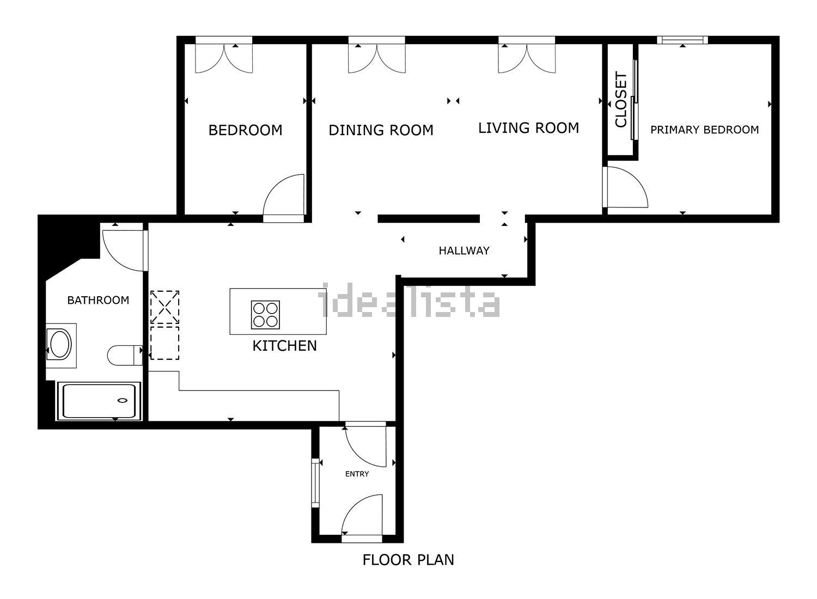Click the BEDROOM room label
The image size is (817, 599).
(x=245, y=130)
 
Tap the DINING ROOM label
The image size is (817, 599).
(x=381, y=130)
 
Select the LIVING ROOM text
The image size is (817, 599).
(x=528, y=128)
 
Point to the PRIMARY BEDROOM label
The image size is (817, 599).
(x=704, y=130)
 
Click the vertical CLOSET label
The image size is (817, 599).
(x=621, y=100)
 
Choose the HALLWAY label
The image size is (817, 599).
(x=464, y=251)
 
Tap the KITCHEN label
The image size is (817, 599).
(x=284, y=346)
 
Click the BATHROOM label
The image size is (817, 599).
(x=98, y=300)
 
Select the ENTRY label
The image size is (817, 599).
(x=357, y=474)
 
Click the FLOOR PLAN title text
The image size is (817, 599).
(x=408, y=560)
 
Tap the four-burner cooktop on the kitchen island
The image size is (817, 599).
(x=265, y=315)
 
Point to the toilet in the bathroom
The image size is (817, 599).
(x=124, y=356)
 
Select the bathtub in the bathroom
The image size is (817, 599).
(x=99, y=401)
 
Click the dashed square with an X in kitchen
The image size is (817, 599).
(x=164, y=307)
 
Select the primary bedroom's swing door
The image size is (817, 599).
(x=625, y=188)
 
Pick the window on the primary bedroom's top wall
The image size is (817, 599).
(x=682, y=40)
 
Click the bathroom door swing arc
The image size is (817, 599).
(x=123, y=250)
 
